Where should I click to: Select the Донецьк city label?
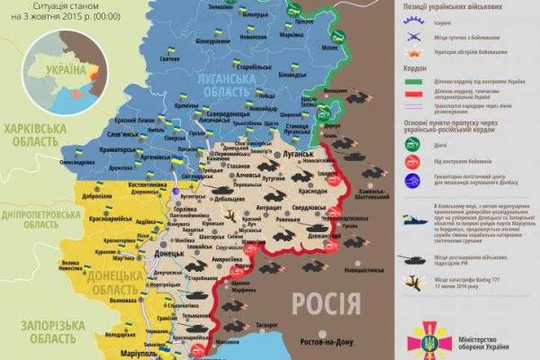click(x=168, y=254)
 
